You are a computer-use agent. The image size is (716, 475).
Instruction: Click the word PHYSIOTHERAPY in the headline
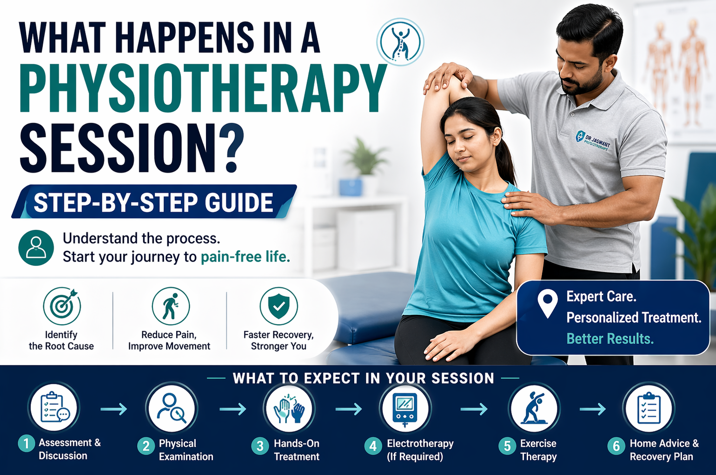click(x=203, y=88)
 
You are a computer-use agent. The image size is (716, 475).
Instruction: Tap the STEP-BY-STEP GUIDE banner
click(x=153, y=202)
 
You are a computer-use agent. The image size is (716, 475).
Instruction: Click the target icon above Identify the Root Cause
click(x=62, y=306)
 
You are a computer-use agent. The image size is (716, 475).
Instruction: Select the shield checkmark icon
click(x=278, y=306)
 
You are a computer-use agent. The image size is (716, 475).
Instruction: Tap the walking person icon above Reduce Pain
click(x=171, y=306)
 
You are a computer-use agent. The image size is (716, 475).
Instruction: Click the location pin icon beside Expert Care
click(x=547, y=303)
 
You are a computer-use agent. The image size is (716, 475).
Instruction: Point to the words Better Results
click(x=610, y=339)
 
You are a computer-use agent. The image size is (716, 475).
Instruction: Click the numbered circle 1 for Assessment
click(x=27, y=443)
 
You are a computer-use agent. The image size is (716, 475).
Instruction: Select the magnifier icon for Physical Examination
click(x=172, y=408)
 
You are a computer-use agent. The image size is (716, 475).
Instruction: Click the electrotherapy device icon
click(x=404, y=408)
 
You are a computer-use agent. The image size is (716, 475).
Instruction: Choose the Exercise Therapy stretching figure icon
click(x=534, y=408)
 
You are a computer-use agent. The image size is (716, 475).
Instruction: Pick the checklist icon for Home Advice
click(x=649, y=408)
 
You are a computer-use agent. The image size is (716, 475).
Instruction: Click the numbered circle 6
click(x=616, y=446)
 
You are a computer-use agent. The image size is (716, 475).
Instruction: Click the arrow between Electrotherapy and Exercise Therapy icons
click(x=474, y=409)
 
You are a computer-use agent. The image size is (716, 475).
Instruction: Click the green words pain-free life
click(x=245, y=257)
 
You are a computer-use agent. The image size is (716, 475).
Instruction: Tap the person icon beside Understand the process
click(x=36, y=248)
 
